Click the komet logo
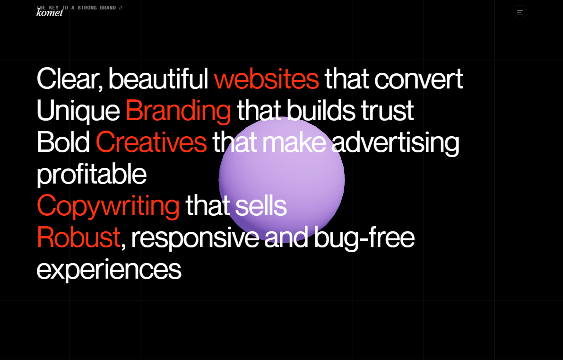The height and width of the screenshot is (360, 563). (50, 13)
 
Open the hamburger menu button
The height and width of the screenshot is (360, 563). (520, 12)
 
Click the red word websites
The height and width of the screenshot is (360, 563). (266, 79)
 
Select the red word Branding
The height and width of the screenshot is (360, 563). (178, 111)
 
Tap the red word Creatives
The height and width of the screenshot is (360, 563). (151, 142)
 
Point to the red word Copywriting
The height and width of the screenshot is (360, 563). (108, 206)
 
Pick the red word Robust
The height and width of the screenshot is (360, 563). (78, 237)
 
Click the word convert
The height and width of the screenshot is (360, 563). (418, 79)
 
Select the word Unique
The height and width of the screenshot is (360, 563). (78, 111)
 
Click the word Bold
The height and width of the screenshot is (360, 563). (63, 142)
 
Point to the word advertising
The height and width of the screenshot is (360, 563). (395, 142)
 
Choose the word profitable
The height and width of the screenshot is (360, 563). (91, 174)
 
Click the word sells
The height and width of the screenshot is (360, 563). (260, 206)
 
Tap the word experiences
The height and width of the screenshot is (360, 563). (109, 270)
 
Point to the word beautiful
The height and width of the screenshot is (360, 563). (158, 79)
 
